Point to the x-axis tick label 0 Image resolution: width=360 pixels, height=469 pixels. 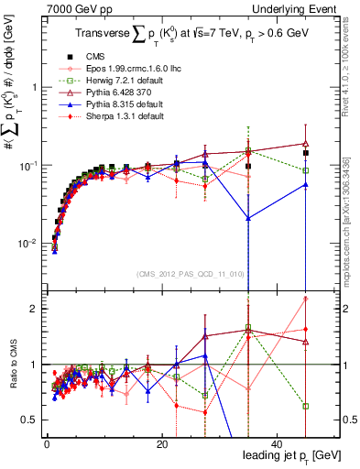pos(47,444)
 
